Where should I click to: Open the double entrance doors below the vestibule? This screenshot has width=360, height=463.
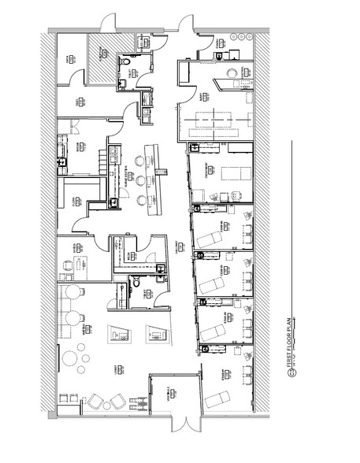point(176,426)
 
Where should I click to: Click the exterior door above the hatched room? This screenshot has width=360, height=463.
point(111,21)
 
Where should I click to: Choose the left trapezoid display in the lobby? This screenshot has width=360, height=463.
point(117,334)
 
